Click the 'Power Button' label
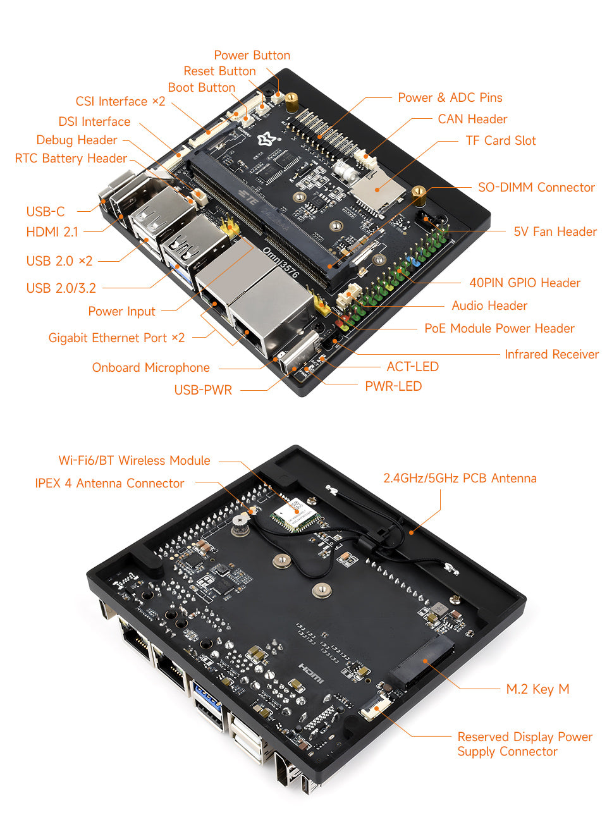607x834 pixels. tap(252, 56)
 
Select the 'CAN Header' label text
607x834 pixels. tap(472, 120)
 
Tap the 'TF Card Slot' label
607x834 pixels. tap(500, 141)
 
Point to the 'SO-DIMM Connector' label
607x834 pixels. tap(536, 188)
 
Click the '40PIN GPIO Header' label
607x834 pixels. tap(524, 283)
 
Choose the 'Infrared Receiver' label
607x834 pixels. tap(551, 355)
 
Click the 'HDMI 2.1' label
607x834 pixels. tap(52, 233)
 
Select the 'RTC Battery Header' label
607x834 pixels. tap(71, 159)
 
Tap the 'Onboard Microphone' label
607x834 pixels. tap(150, 368)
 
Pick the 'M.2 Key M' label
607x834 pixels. tap(537, 689)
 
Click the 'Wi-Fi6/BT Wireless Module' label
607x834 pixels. tap(134, 461)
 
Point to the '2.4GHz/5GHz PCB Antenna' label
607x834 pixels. tap(460, 479)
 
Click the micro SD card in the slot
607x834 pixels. tap(377, 188)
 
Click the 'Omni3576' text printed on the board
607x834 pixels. tap(280, 262)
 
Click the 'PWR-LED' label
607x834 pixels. tap(393, 386)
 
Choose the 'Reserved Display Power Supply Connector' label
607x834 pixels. tap(524, 744)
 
